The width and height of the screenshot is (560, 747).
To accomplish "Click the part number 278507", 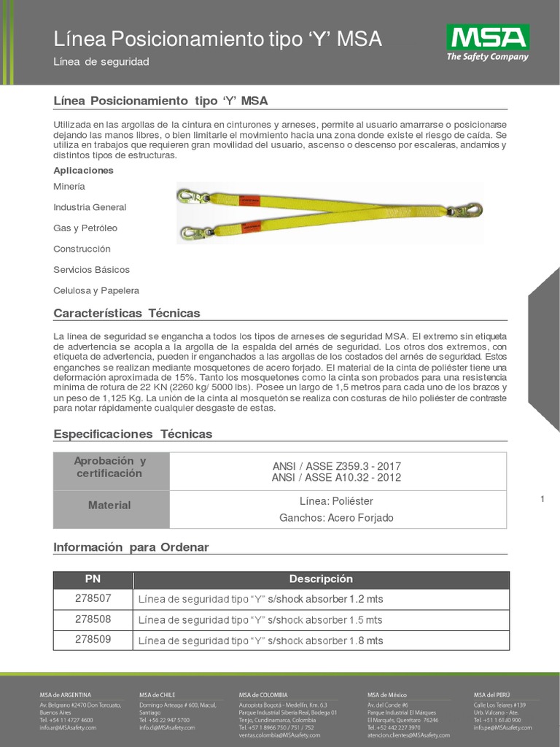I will pos(93,599).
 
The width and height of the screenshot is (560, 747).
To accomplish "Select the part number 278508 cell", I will pos(93,619).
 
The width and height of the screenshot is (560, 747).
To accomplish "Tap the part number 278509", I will pos(93,640).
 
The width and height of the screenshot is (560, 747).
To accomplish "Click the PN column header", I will pos(93,578).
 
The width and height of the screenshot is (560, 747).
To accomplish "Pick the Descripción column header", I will pos(321,578).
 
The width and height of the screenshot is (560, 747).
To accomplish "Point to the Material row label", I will pos(109,505).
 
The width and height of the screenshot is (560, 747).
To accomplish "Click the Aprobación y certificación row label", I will pos(109,467).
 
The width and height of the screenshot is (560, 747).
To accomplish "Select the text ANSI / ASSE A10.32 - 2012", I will pos(336,478).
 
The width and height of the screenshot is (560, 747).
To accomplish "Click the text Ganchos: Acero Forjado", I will pos(336,518).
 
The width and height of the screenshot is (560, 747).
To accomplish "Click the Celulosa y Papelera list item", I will pos(96,290).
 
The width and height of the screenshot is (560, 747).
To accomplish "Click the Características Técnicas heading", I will pos(127,313).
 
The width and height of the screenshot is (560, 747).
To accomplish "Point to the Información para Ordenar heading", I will pos(131,546).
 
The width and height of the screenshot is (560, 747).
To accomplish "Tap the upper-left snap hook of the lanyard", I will pos(190,196).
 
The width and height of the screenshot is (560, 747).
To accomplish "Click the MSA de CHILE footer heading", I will pos(157,694).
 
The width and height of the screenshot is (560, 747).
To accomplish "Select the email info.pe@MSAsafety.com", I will pos(502,728).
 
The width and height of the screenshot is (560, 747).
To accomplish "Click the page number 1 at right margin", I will pos(543,499).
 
